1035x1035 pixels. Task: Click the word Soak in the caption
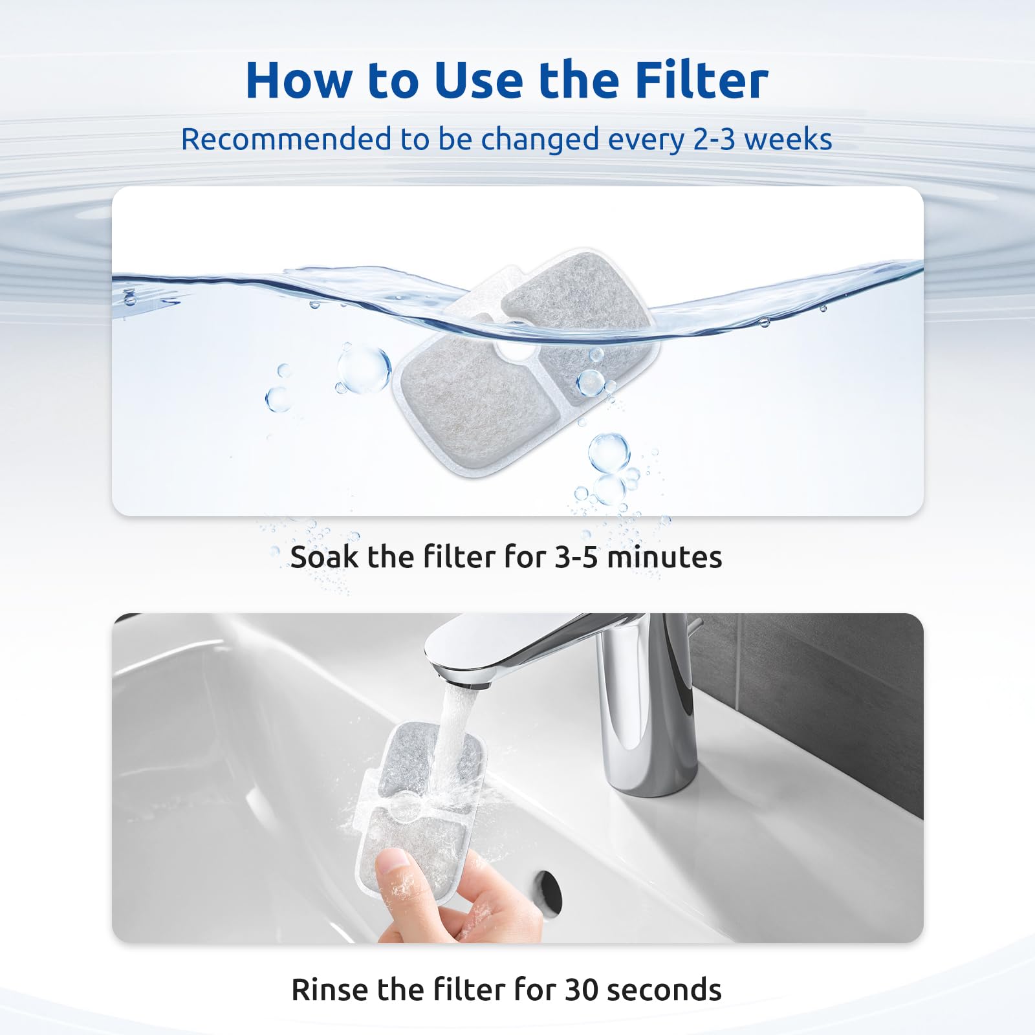coord(323,557)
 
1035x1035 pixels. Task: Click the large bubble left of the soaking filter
coord(364,369)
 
